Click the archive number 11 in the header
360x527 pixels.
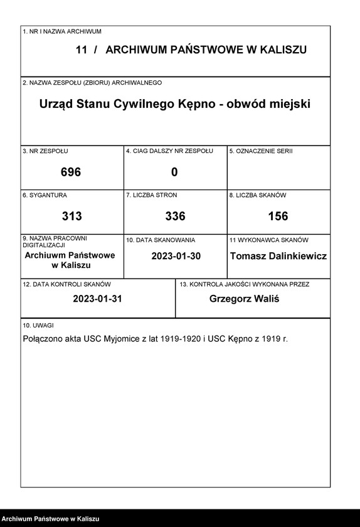point(82,50)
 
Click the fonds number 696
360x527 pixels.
point(71,172)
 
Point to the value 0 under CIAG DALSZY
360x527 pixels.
point(174,172)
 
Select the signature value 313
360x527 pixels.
point(71,216)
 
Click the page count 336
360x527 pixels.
point(175,216)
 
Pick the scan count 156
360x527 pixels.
point(278,216)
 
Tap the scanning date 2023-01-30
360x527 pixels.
point(175,256)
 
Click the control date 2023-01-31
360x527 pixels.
point(97,299)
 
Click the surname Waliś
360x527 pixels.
point(265,299)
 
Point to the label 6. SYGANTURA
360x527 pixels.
point(45,195)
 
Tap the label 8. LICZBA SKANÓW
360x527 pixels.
point(258,195)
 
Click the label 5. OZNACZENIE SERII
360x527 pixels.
point(261,151)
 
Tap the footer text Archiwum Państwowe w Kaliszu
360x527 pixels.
point(51,519)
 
